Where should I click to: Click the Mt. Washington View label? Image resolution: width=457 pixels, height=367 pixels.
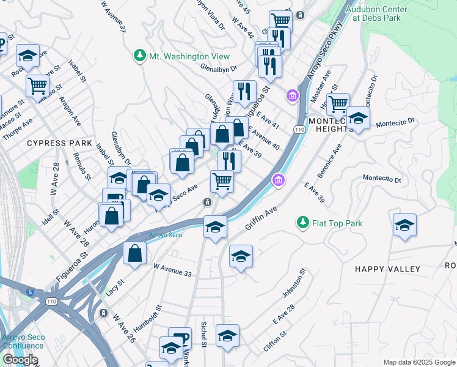pos(189,56)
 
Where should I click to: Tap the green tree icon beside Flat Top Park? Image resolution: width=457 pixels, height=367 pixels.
pos(302,223)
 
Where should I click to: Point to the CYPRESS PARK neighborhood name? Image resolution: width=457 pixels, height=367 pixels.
pos(54,143)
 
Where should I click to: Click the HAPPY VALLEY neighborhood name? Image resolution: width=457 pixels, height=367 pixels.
pos(388,269)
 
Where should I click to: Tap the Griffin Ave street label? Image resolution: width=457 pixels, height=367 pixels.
pos(261,218)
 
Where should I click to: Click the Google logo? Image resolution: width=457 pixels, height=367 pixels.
pos(20,360)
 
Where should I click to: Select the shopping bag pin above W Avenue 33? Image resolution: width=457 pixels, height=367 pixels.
pos(134,253)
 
